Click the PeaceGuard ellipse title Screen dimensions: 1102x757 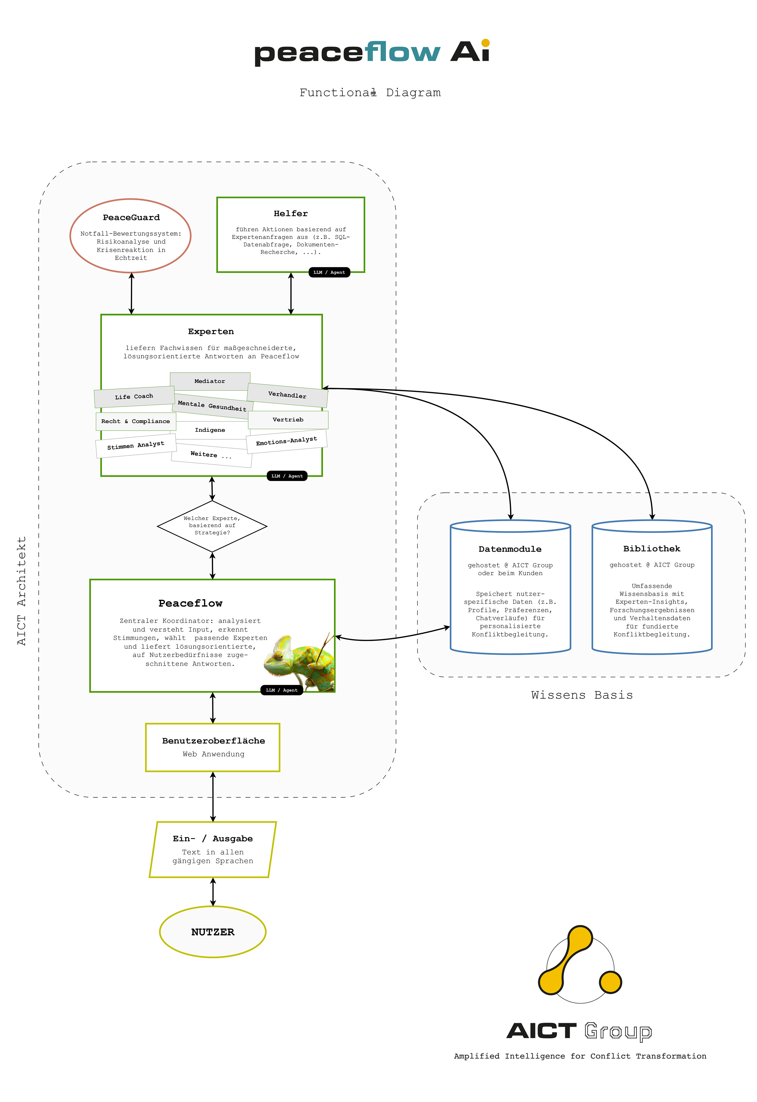(x=131, y=218)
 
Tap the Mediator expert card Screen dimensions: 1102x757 (x=210, y=381)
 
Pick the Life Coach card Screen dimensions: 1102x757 (x=134, y=397)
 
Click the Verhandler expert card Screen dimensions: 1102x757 (x=287, y=395)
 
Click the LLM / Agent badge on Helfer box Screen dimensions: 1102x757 (x=329, y=272)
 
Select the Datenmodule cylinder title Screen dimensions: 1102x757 (x=510, y=549)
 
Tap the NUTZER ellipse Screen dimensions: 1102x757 (x=213, y=932)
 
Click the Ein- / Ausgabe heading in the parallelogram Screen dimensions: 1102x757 (x=213, y=839)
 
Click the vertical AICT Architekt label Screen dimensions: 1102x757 (x=21, y=591)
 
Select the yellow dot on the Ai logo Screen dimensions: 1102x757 (x=485, y=43)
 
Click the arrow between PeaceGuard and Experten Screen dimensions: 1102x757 (x=131, y=293)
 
